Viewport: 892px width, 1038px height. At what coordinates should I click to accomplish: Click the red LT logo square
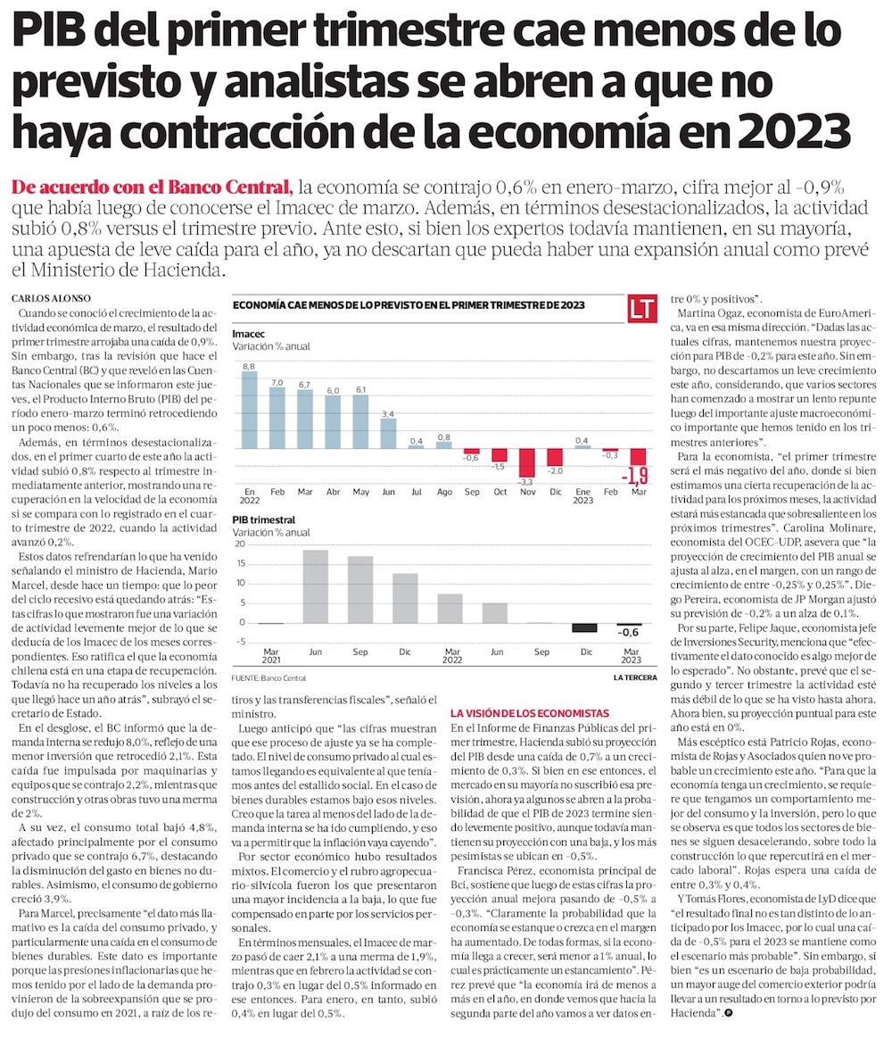(641, 309)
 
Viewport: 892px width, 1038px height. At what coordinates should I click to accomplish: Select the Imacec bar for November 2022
(526, 463)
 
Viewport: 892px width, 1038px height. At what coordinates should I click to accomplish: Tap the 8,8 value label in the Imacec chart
(249, 366)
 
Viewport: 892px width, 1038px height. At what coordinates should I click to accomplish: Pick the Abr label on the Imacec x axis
(332, 492)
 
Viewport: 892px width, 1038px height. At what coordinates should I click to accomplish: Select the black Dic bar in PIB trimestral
(584, 627)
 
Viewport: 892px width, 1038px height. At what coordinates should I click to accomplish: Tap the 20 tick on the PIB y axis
(238, 544)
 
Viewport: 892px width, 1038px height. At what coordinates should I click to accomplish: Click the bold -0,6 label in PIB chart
(629, 633)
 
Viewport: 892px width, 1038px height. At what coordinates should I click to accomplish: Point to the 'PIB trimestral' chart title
(263, 519)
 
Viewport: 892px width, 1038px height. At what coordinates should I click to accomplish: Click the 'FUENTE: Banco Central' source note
(268, 678)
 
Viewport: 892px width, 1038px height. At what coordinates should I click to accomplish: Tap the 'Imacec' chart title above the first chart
(248, 333)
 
